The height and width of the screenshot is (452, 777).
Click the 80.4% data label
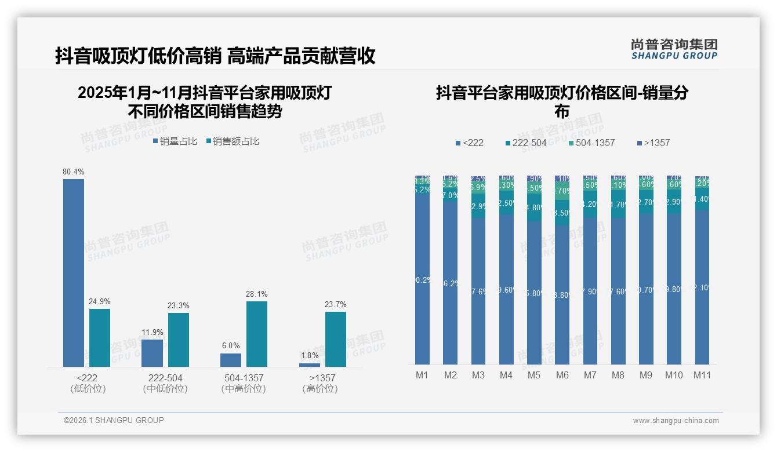[74, 172]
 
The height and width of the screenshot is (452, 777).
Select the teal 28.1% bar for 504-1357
[257, 334]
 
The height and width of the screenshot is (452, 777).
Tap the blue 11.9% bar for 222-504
[152, 353]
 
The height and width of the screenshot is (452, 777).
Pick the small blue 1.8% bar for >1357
[310, 364]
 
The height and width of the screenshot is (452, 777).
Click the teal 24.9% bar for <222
[100, 337]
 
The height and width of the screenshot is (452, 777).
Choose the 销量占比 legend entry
[175, 141]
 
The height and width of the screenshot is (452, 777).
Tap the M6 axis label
[562, 375]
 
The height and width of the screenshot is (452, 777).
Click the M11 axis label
[702, 375]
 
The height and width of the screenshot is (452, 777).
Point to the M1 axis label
[422, 375]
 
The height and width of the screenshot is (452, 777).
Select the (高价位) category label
[319, 389]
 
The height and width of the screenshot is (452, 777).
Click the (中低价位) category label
[165, 389]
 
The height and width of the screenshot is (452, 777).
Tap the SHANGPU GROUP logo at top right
[674, 49]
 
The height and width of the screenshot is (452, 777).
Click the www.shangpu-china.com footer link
[676, 421]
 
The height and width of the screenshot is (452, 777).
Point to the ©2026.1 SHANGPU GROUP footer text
[114, 420]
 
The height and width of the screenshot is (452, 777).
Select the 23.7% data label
[336, 305]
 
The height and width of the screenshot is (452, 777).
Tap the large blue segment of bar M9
[646, 290]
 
